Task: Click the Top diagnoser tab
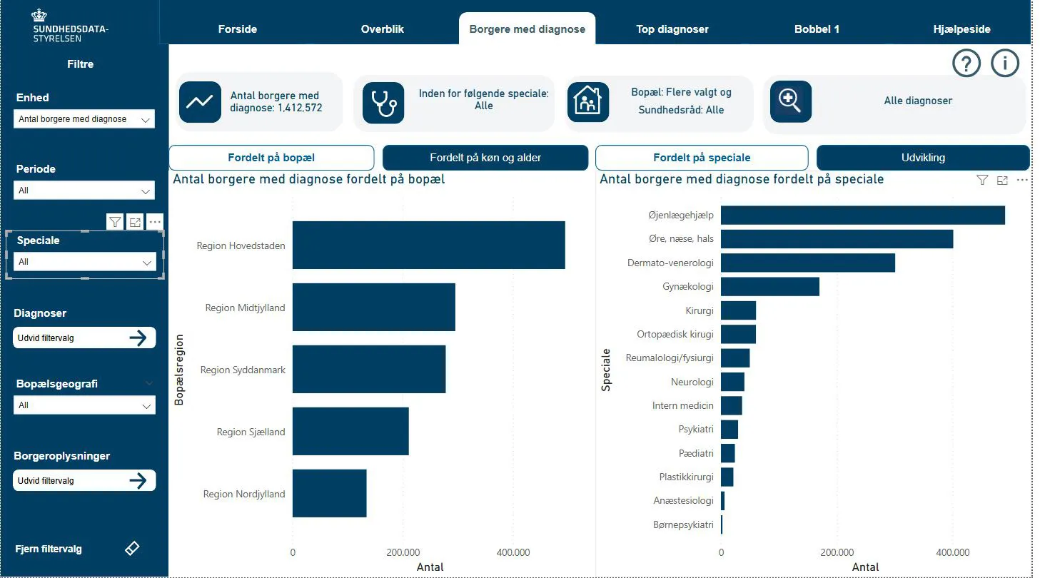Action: click(672, 29)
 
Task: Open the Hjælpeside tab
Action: click(961, 29)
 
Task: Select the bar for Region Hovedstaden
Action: click(428, 245)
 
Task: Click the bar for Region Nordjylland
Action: click(329, 493)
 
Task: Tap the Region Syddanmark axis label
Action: click(242, 370)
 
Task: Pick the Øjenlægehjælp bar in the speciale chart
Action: click(862, 215)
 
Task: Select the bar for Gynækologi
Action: click(769, 287)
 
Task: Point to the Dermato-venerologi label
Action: click(670, 263)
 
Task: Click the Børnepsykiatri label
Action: click(683, 524)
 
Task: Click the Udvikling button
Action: click(922, 158)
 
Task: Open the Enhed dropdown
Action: click(84, 119)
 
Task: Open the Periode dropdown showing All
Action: click(84, 191)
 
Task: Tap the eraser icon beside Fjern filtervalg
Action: click(132, 548)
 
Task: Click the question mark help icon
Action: click(966, 64)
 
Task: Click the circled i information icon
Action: click(1005, 64)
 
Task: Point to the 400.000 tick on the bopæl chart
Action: click(513, 552)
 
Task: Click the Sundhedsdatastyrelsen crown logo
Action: click(39, 15)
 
